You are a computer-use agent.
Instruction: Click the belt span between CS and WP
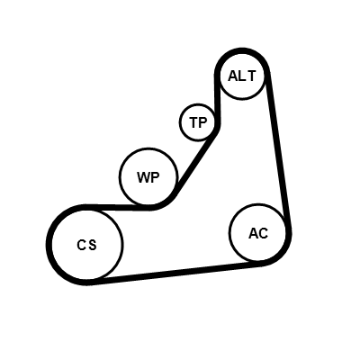tap(120, 207)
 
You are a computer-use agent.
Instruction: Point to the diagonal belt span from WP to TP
tap(195, 165)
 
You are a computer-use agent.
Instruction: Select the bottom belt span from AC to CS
tap(174, 273)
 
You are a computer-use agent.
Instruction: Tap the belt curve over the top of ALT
tap(242, 51)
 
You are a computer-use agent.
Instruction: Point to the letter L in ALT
tap(242, 76)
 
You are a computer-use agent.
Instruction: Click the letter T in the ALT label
tap(251, 76)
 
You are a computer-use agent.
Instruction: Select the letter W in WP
tap(142, 177)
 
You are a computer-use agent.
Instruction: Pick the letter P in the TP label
tap(202, 122)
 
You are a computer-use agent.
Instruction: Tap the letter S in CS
tap(93, 245)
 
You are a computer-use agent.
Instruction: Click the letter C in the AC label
tap(263, 233)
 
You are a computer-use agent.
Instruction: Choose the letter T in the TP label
tap(193, 122)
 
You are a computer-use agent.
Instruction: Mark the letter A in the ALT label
tap(233, 76)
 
